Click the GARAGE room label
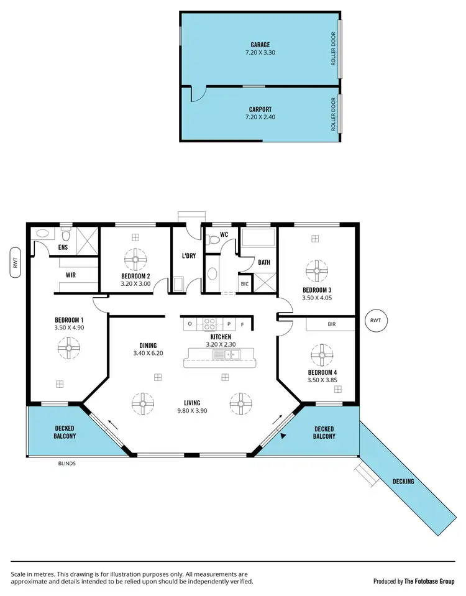coord(260,45)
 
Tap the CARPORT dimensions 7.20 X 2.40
coord(260,117)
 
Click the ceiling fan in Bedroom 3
coord(316,269)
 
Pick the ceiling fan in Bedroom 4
coord(322,356)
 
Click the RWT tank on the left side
coord(16,262)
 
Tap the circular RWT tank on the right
coord(375,321)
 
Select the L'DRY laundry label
coord(189,256)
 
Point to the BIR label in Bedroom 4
coord(331,324)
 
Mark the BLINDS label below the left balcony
coord(67,463)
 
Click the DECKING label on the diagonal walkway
coord(403,481)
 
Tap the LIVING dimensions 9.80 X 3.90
coord(192,411)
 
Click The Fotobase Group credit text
coord(430,581)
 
